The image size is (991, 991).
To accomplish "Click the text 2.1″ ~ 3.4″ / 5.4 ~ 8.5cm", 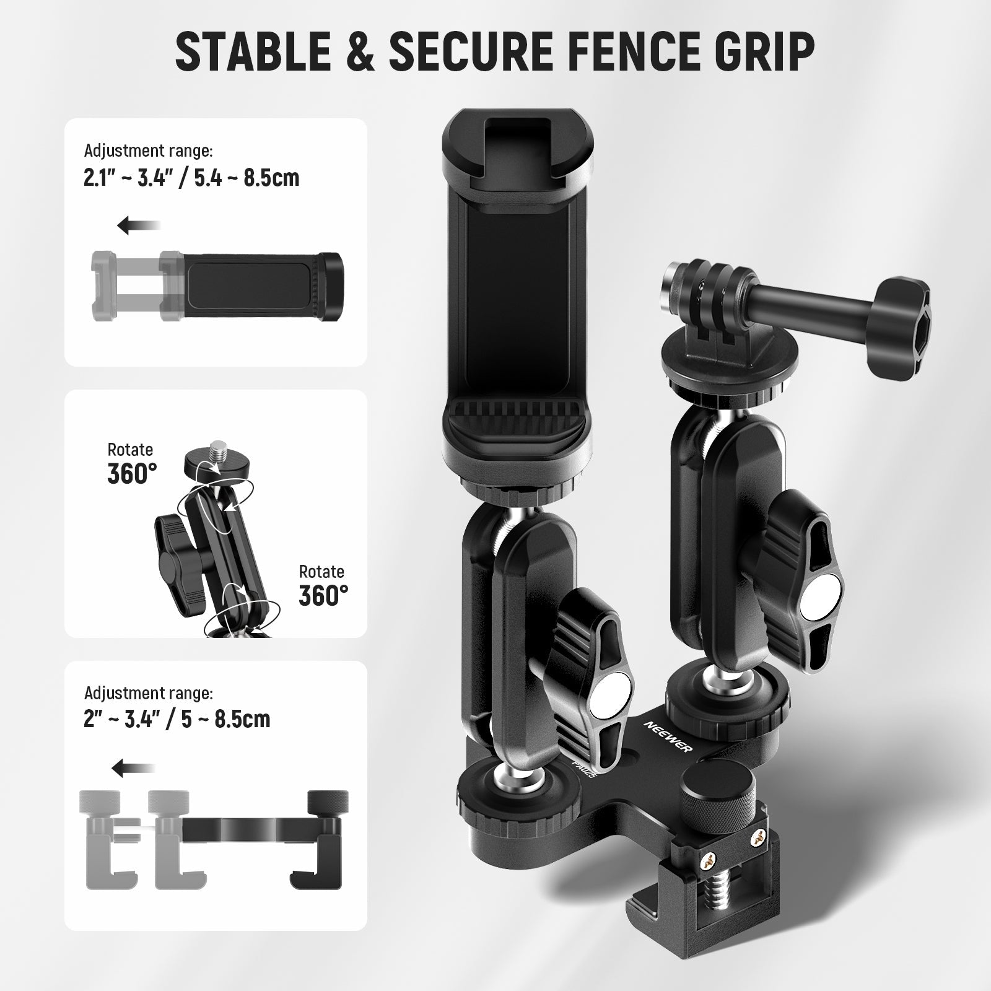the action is pyautogui.click(x=191, y=178).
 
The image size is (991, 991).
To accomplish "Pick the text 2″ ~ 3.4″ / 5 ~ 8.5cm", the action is pyautogui.click(x=177, y=718).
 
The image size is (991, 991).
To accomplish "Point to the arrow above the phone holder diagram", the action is pyautogui.click(x=139, y=226).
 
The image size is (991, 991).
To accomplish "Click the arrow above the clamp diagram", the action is pyautogui.click(x=133, y=769).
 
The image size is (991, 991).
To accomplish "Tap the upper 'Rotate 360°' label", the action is pyautogui.click(x=132, y=463).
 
